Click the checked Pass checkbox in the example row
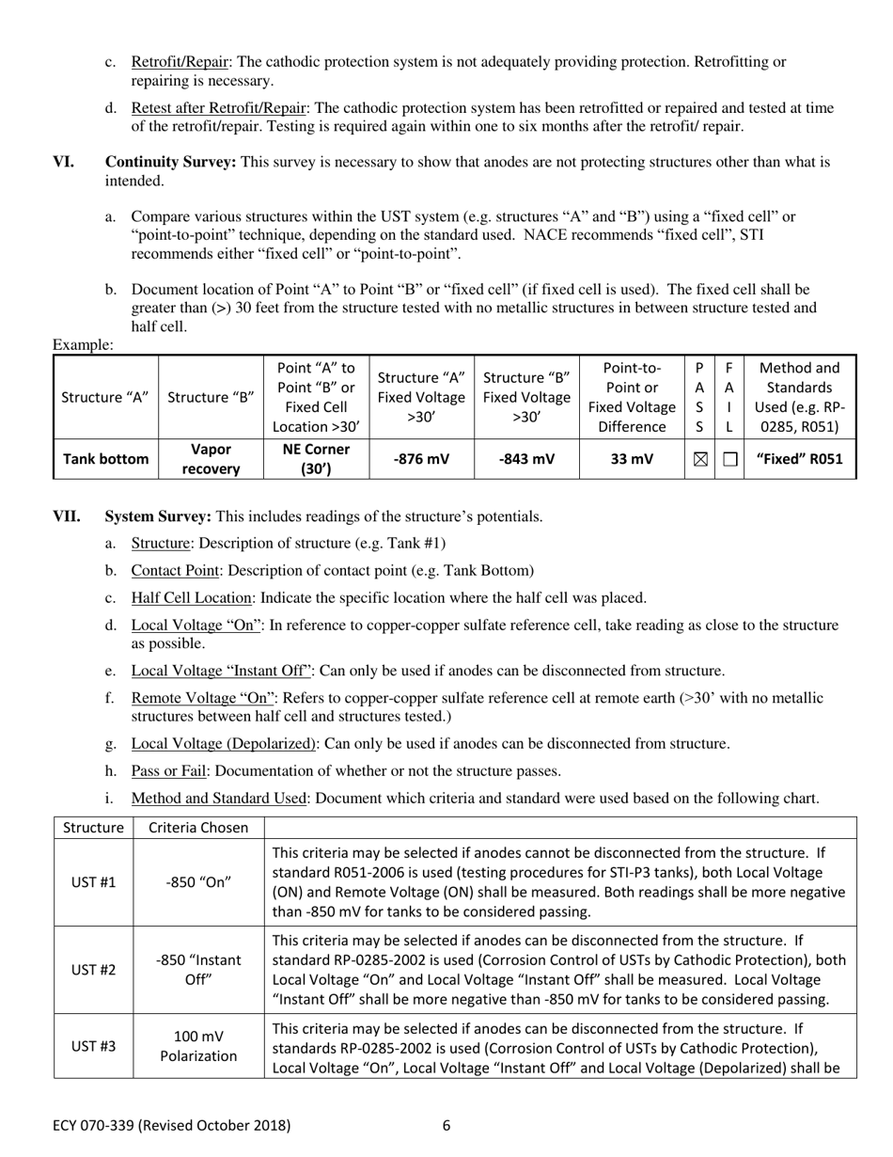pos(699,460)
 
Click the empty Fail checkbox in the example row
pos(729,460)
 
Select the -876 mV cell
pos(421,460)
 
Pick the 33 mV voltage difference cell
pos(632,460)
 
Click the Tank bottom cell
pos(105,460)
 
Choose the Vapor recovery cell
pos(211,460)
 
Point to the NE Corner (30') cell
pos(316,460)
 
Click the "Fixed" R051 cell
pos(799,460)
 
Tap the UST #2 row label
pos(93,970)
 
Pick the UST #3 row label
pos(93,1045)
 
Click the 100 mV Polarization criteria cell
pos(198,1045)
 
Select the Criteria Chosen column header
pos(198,828)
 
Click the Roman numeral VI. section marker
pos(63,162)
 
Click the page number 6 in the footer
pos(446,1125)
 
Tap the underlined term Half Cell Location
pos(192,598)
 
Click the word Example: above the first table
pos(83,345)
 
